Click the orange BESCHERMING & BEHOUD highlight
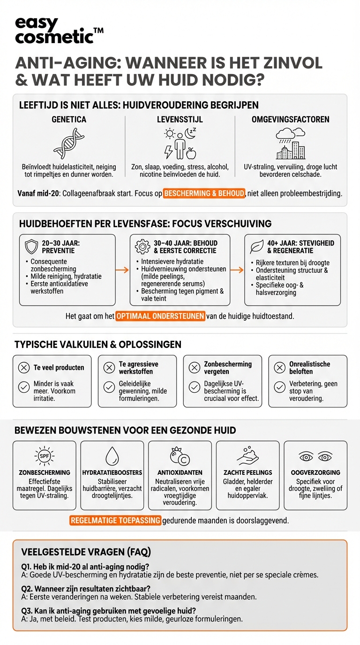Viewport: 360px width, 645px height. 204,193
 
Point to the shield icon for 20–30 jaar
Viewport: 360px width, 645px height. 31,247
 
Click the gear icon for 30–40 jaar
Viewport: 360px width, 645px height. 141,247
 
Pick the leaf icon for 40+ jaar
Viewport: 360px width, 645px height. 256,247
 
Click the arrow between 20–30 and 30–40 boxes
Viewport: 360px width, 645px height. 122,270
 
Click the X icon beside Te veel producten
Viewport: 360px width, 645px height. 23,367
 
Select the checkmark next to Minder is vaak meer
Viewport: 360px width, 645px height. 23,387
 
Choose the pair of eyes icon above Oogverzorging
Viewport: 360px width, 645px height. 315,456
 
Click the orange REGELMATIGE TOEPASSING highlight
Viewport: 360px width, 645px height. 115,520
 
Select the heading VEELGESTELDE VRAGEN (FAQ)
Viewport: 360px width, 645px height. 86,552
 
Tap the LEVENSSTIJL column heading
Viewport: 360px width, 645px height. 180,120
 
